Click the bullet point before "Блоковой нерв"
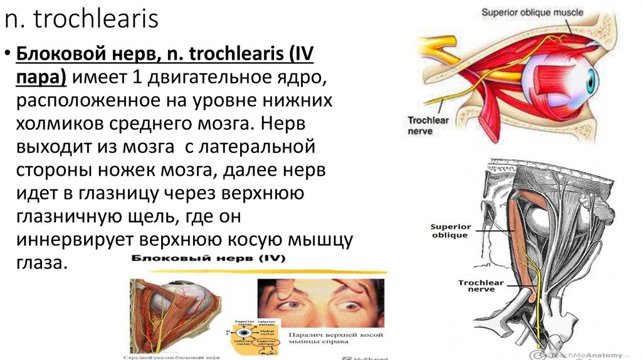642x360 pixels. pyautogui.click(x=8, y=55)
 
